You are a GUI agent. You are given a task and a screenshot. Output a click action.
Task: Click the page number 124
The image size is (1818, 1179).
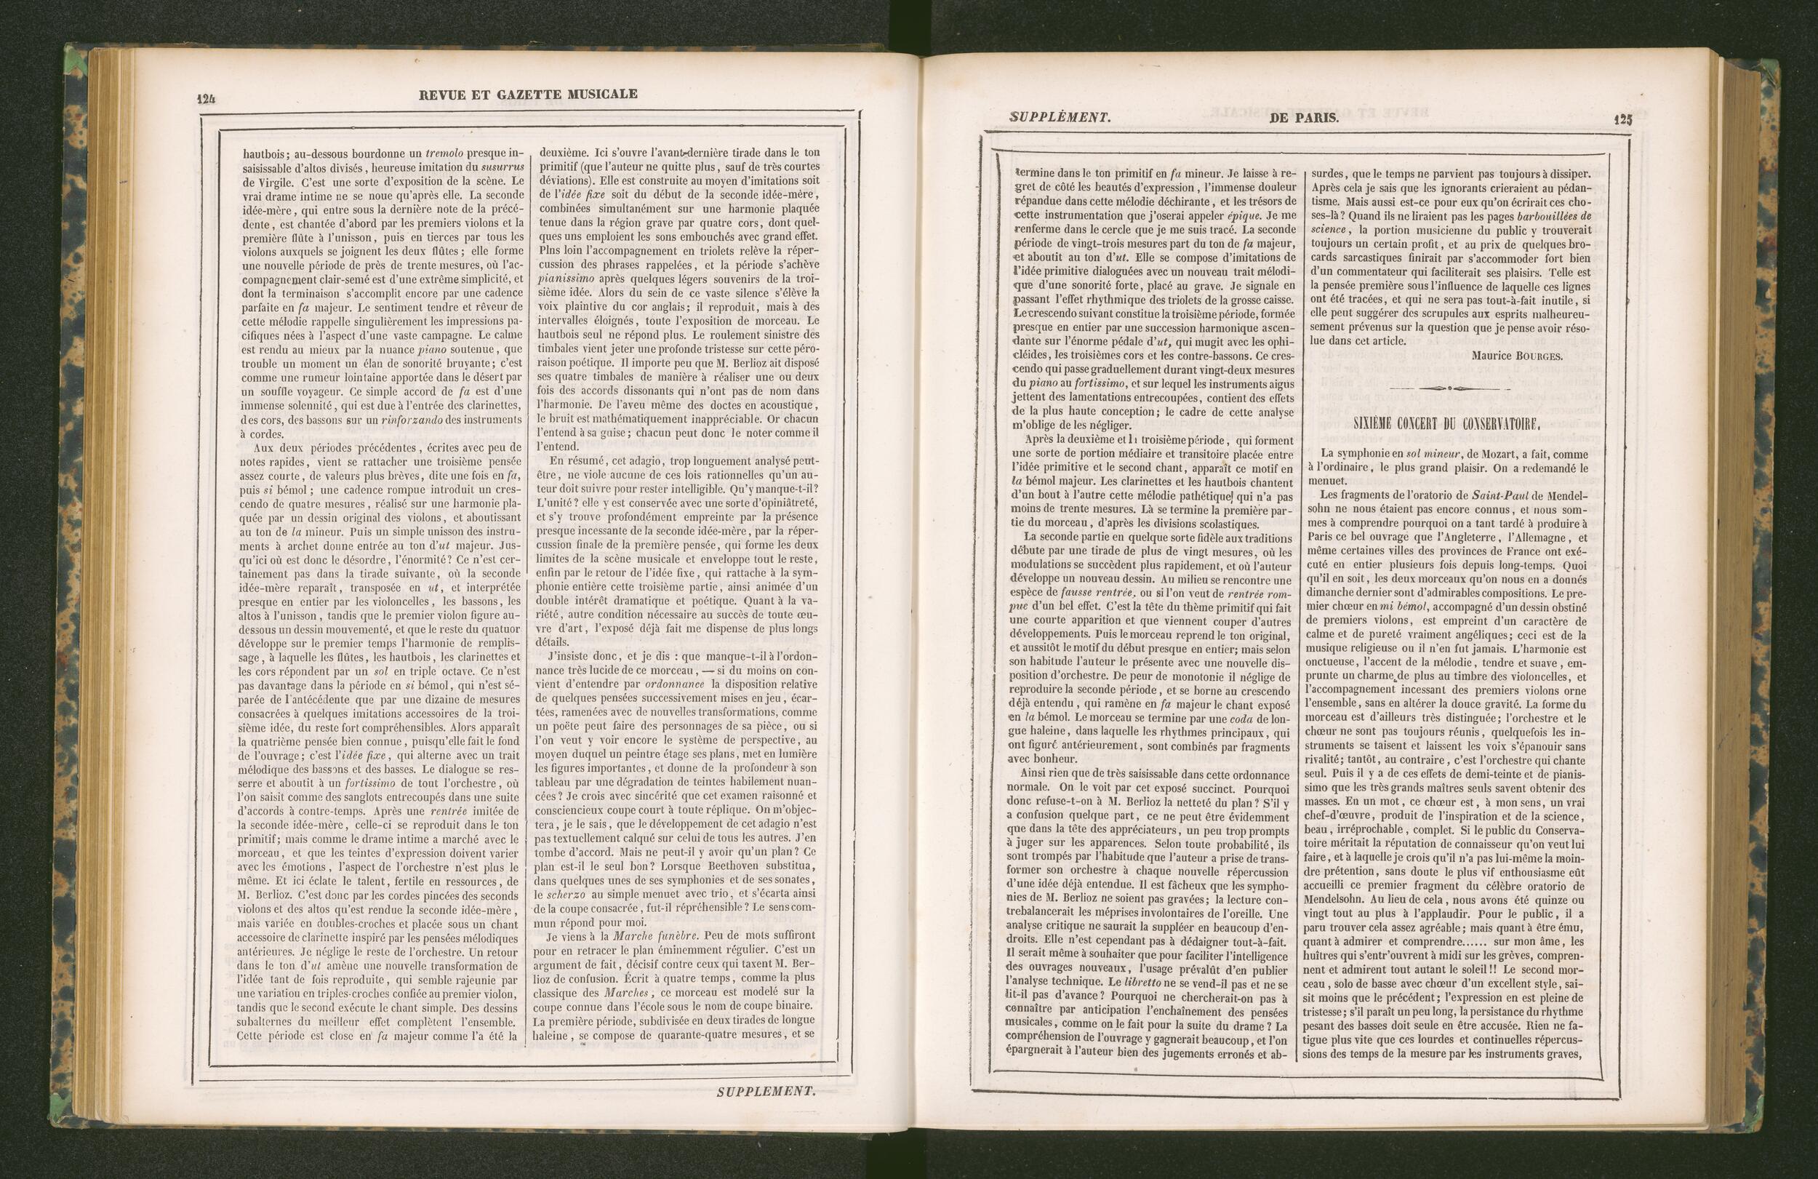207,97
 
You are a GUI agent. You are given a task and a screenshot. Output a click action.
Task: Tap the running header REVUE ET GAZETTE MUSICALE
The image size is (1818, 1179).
528,94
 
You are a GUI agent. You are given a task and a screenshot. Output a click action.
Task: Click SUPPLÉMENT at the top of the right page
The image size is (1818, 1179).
1059,117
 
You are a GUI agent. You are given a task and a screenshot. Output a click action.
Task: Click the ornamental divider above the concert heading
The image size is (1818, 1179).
1449,389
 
